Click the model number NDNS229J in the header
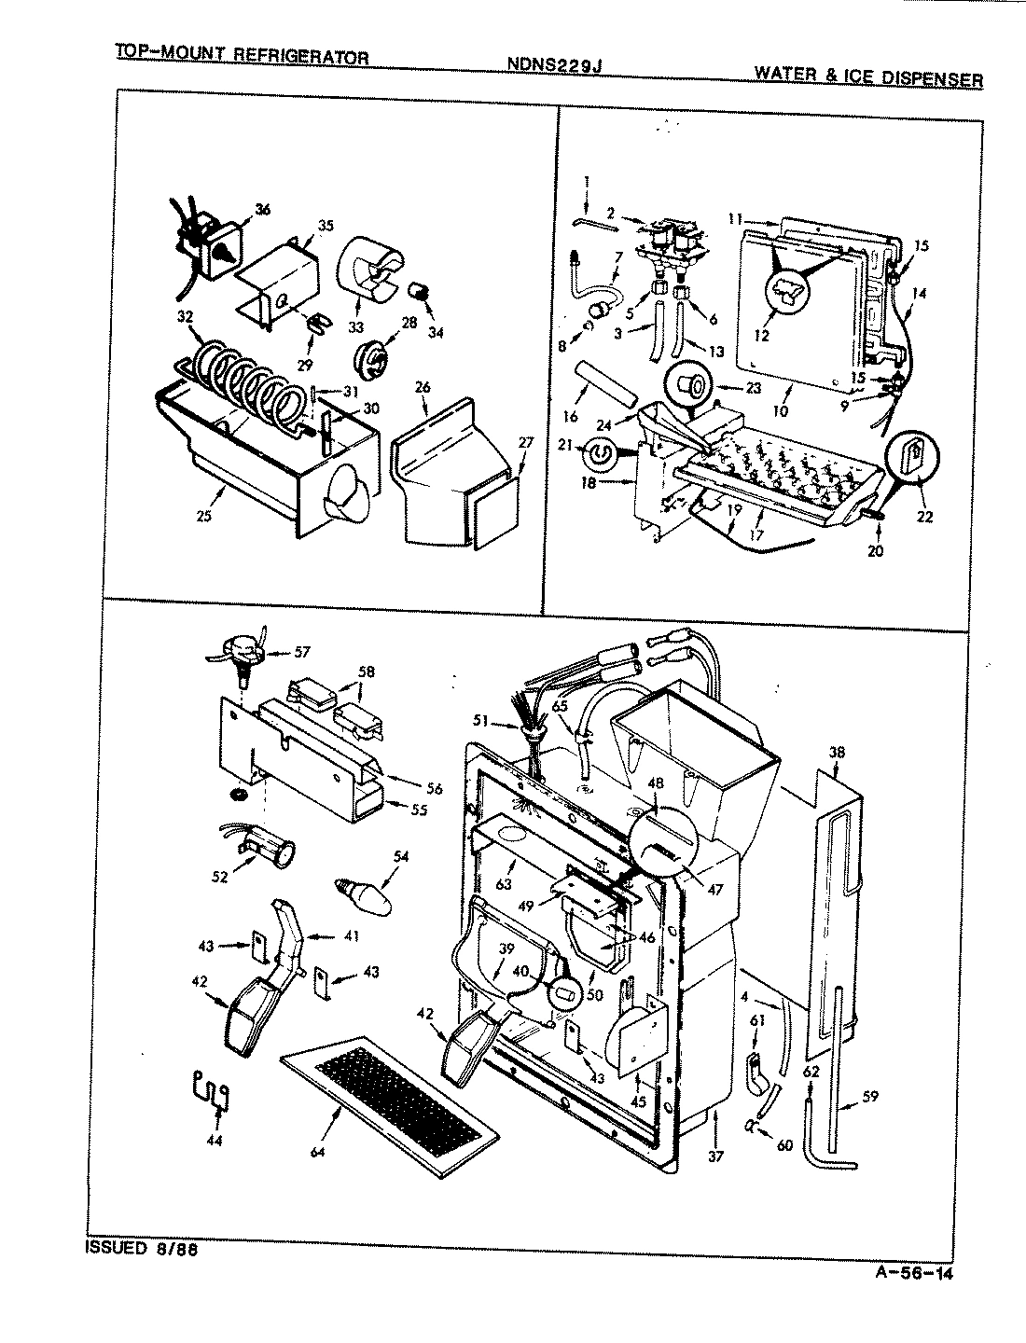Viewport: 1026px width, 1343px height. pyautogui.click(x=556, y=64)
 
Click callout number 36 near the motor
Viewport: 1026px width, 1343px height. pyautogui.click(x=262, y=211)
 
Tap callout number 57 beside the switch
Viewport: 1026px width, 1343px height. pyautogui.click(x=301, y=652)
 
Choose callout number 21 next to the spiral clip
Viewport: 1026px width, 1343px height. pyautogui.click(x=589, y=446)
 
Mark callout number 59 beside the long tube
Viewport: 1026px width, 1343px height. pyautogui.click(x=869, y=1097)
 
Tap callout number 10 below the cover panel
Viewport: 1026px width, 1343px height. pyautogui.click(x=780, y=409)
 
